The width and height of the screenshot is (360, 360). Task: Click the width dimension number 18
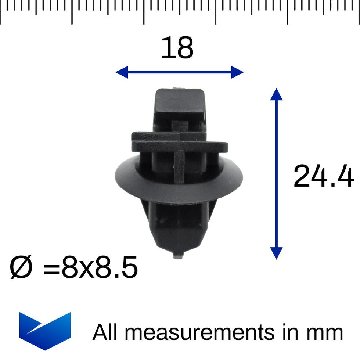[x=177, y=48]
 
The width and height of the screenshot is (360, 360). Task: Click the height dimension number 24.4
[x=323, y=176]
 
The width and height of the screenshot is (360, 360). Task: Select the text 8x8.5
[x=100, y=267]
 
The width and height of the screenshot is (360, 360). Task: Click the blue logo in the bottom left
[x=45, y=330]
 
